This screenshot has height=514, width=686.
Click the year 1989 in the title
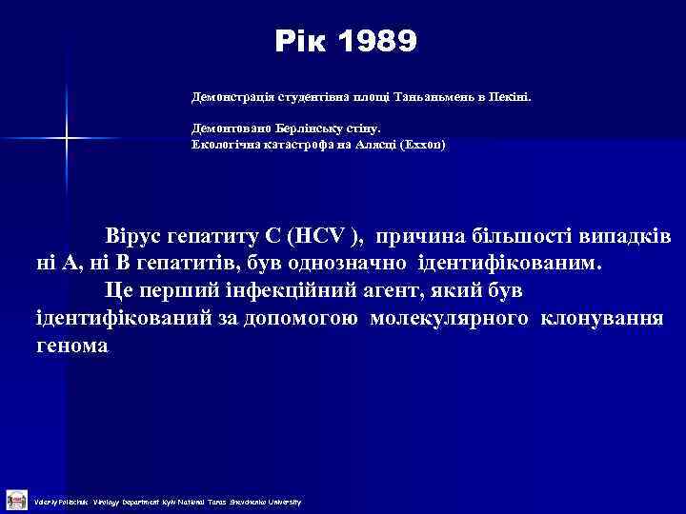point(377,42)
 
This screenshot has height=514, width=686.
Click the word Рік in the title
point(300,42)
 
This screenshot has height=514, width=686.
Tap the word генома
point(71,346)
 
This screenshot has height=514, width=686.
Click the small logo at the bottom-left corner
point(15,499)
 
